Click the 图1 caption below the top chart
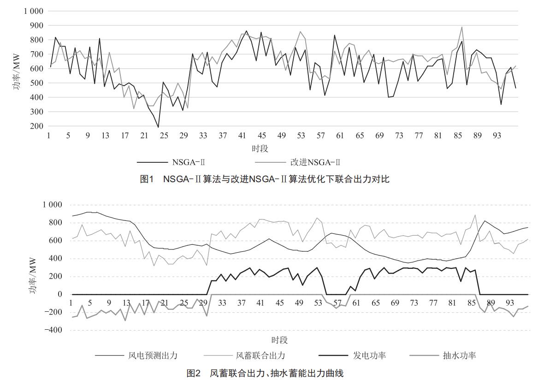coord(265,179)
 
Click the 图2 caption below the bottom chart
coord(265,373)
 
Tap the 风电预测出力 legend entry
coord(153,355)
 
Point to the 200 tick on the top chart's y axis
coord(36,126)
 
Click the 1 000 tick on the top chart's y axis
coord(33,11)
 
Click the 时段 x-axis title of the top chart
coord(260,148)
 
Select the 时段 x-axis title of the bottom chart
coord(279,340)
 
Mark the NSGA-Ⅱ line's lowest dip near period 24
coord(158,127)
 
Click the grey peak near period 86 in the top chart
coord(461,27)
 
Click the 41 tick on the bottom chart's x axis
coord(260,303)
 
